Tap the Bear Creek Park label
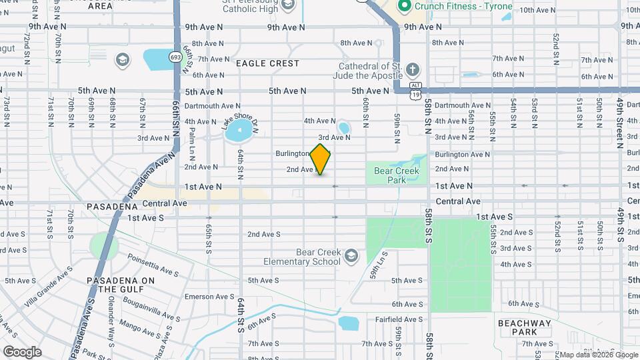click(x=397, y=175)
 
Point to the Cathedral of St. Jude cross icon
click(x=413, y=70)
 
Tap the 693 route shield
click(x=175, y=57)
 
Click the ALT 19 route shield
click(x=415, y=90)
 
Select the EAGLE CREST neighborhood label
click(x=267, y=63)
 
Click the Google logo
click(x=22, y=351)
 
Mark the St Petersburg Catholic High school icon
click(x=288, y=6)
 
